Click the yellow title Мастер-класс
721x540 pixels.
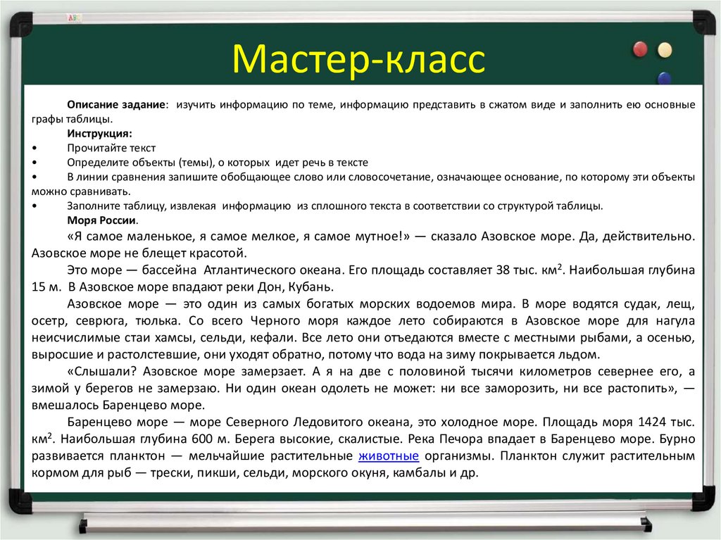(x=359, y=58)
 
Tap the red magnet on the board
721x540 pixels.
(x=640, y=49)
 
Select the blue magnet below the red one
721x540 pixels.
(x=663, y=77)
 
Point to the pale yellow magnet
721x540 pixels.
(x=665, y=49)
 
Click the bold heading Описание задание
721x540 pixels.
(x=117, y=104)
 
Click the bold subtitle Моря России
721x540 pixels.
(x=99, y=220)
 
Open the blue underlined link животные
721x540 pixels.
(x=389, y=456)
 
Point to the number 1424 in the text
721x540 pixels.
(x=653, y=422)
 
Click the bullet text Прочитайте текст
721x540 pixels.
(x=111, y=148)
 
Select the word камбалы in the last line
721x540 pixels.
(x=418, y=473)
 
